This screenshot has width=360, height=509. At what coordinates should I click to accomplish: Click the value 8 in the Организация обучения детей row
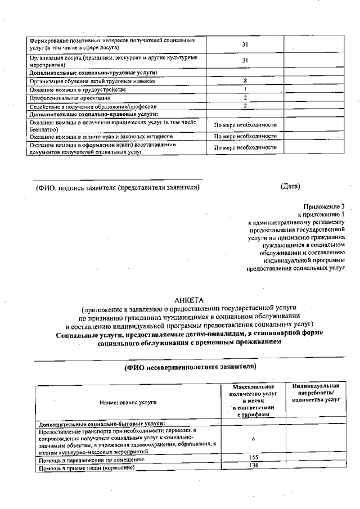click(245, 81)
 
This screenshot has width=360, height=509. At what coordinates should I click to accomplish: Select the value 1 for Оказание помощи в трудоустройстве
click(245, 89)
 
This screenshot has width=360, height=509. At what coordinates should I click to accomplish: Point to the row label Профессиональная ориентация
click(66, 97)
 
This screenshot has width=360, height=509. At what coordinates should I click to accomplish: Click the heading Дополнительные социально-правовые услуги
click(93, 114)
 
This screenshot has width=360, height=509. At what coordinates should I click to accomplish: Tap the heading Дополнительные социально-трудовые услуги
click(93, 73)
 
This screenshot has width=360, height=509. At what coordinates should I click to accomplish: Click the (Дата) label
click(290, 186)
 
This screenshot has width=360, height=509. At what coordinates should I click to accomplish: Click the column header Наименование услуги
click(128, 402)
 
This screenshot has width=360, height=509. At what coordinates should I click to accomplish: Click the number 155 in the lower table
click(253, 458)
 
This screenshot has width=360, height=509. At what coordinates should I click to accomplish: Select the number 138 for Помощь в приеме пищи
click(253, 466)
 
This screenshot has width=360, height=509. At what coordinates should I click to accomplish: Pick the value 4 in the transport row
click(253, 438)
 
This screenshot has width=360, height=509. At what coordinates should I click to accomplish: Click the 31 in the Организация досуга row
click(245, 60)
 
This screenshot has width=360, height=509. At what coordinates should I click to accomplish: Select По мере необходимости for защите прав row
click(245, 136)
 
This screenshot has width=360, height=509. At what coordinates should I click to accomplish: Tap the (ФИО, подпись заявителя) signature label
click(118, 187)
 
